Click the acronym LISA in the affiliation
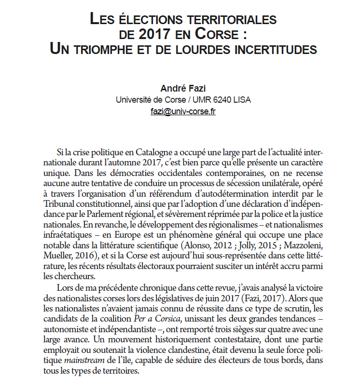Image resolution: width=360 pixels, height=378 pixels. [x=242, y=100]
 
